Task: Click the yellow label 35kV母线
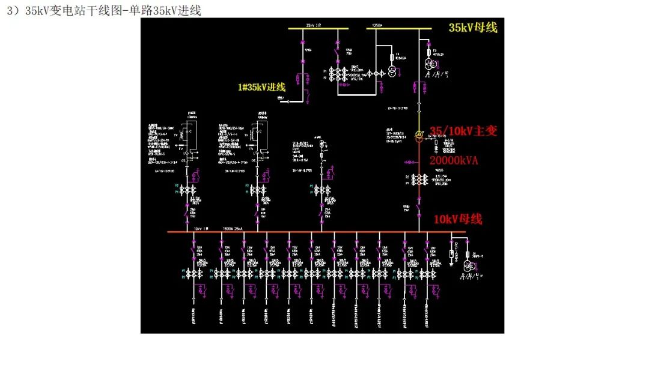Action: point(473,28)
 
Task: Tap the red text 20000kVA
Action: point(455,161)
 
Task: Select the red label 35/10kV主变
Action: point(463,131)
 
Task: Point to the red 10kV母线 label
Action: point(458,219)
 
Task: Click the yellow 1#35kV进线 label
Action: point(261,87)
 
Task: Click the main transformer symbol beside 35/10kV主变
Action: point(419,136)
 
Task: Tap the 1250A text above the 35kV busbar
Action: point(377,26)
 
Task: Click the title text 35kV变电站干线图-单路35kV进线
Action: point(104,10)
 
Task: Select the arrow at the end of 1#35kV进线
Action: point(286,102)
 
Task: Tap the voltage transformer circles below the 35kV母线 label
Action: point(430,64)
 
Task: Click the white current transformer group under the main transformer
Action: point(419,181)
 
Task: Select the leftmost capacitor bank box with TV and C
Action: point(190,133)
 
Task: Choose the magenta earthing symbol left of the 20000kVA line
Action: point(409,161)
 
